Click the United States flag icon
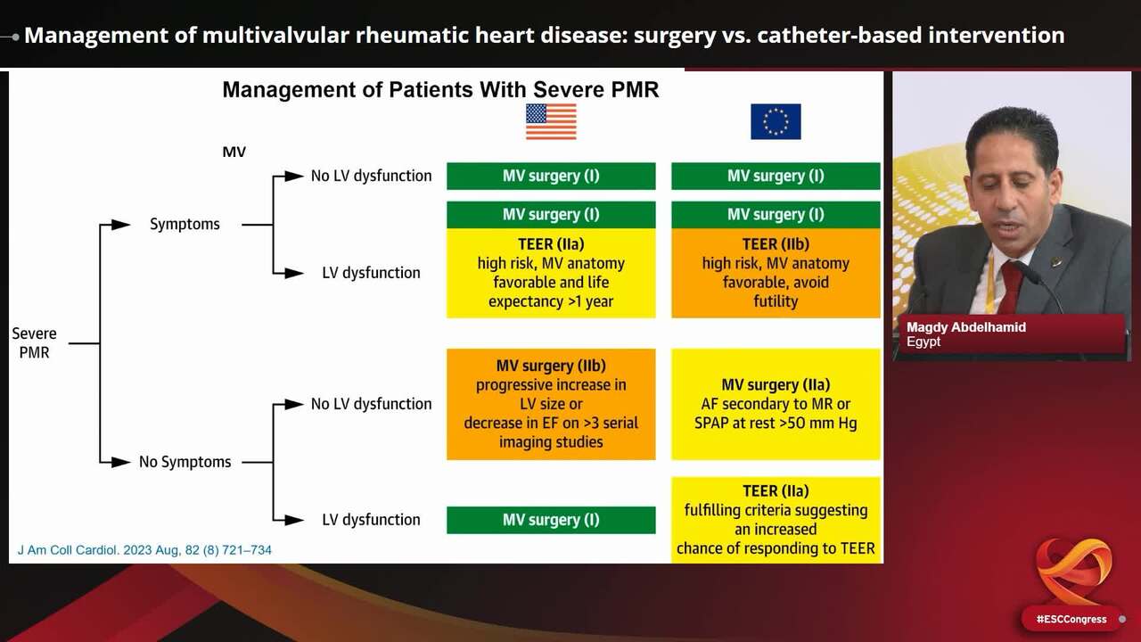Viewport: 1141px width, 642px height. pos(551,121)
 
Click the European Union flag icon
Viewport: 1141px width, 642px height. pos(776,121)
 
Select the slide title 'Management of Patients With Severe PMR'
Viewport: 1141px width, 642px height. pos(440,90)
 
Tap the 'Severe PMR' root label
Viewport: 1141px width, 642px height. pos(34,342)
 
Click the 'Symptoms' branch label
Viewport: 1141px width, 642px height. pos(185,225)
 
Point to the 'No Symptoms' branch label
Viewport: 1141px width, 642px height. pos(185,462)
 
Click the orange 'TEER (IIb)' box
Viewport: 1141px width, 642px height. pos(776,273)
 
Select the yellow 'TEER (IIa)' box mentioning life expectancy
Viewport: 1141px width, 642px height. pos(551,273)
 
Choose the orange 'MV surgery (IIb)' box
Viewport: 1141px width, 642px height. pos(551,404)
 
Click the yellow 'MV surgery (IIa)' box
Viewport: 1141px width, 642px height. pos(776,404)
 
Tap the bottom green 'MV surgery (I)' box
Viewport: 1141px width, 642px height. pos(551,520)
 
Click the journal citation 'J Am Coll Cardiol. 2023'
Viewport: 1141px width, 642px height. pos(144,550)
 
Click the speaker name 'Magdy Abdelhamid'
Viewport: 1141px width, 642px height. pos(965,327)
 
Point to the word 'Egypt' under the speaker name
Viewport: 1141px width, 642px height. pos(923,342)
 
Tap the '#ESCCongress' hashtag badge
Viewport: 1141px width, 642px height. pos(1071,619)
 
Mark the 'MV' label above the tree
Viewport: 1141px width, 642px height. pos(234,152)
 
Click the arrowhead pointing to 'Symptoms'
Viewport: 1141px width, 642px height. pos(121,225)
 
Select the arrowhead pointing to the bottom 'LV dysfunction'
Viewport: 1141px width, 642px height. pos(294,520)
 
